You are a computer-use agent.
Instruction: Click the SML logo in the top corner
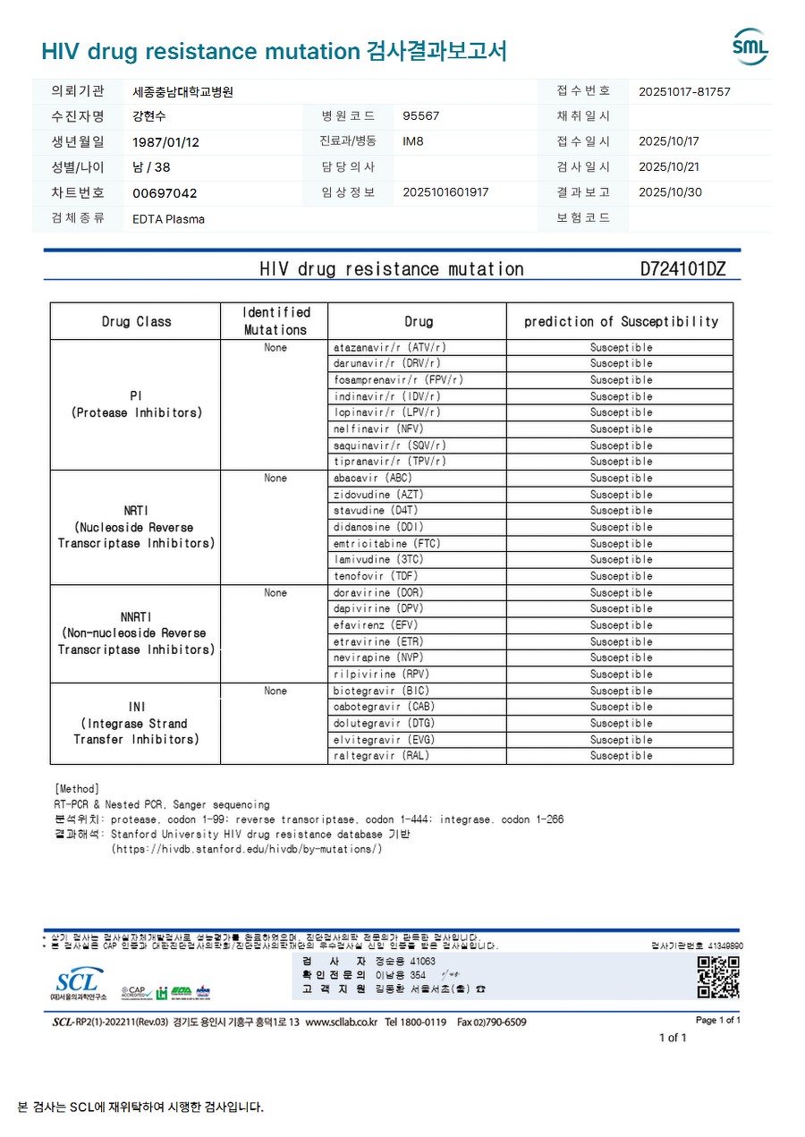point(750,47)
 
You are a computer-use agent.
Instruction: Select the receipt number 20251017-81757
point(684,91)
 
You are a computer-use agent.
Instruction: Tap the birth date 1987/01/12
point(165,141)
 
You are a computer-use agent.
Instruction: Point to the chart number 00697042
point(165,192)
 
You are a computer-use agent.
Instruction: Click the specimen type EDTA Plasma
point(168,218)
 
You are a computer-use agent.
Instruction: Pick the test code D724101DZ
point(682,268)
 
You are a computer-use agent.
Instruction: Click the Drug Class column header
point(136,321)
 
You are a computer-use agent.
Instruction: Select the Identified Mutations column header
point(275,321)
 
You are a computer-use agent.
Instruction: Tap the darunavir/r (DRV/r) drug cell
point(386,363)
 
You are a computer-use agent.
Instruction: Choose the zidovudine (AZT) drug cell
point(378,494)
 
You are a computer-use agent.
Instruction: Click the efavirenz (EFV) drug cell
point(376,625)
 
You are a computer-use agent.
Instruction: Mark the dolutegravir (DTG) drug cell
point(384,723)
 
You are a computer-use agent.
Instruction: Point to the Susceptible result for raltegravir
point(621,756)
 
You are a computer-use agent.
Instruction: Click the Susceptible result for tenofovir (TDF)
point(621,576)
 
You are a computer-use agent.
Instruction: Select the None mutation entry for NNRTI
point(275,592)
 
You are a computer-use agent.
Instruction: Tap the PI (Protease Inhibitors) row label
point(136,404)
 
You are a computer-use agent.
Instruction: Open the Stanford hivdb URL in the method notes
point(247,849)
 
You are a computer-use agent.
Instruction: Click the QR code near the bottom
point(718,977)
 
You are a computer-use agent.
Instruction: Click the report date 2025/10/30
point(670,192)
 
